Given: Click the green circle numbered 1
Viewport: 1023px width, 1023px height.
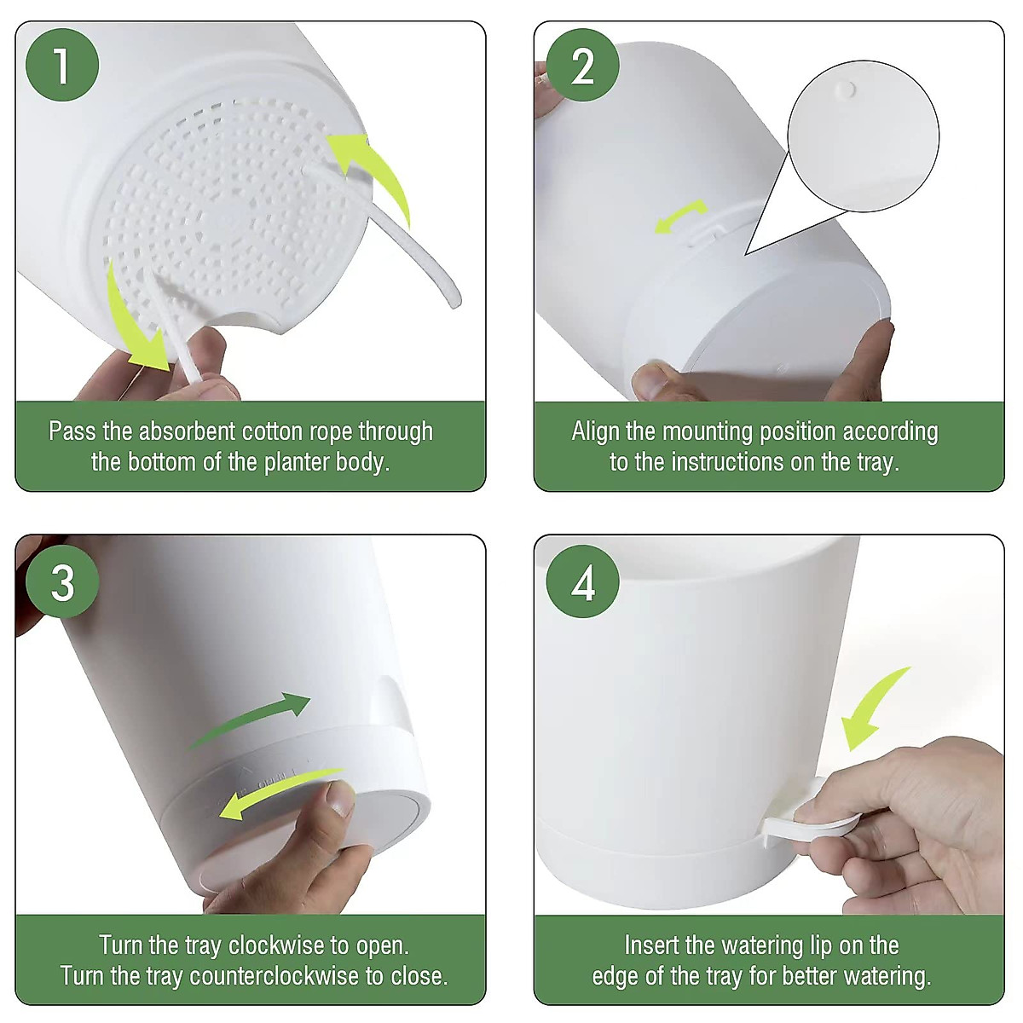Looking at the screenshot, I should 62,66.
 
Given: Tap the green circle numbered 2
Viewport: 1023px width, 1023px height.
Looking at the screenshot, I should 582,66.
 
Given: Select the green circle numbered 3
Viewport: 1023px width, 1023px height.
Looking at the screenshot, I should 62,584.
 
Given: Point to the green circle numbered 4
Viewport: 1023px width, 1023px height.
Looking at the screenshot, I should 582,584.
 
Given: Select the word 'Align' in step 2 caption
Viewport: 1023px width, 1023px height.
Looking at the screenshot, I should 596,431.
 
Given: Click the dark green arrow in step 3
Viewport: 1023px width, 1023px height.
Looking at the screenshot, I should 251,719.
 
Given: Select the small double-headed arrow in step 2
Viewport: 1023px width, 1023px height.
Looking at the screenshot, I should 681,216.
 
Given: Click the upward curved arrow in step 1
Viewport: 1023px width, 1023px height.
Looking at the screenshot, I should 375,171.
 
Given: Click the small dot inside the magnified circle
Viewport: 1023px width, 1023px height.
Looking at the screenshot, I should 846,89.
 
